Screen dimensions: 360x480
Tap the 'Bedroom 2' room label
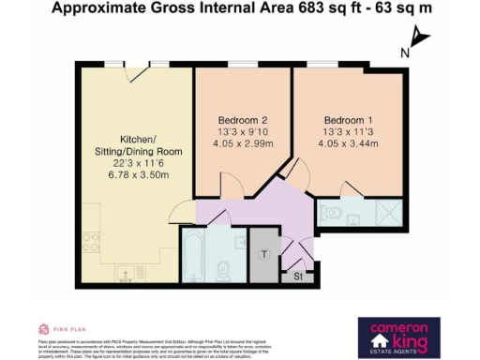tap(243, 121)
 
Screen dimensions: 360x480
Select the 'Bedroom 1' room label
tap(350, 121)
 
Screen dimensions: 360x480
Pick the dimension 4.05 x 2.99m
tap(243, 146)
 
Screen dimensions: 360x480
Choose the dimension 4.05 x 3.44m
tap(350, 146)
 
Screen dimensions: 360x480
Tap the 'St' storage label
tap(299, 277)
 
